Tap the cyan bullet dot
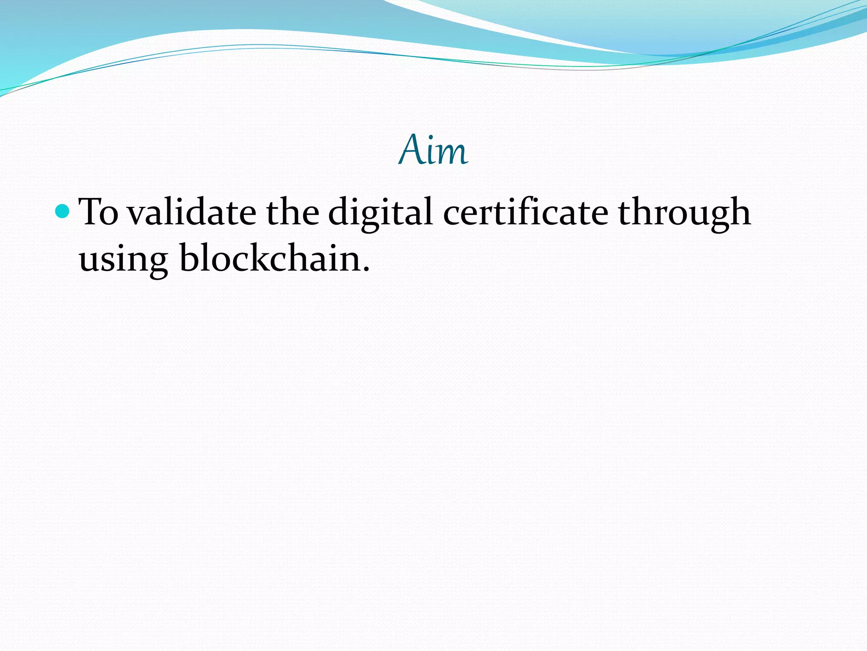pyautogui.click(x=62, y=211)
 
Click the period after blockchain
pyautogui.click(x=366, y=270)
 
